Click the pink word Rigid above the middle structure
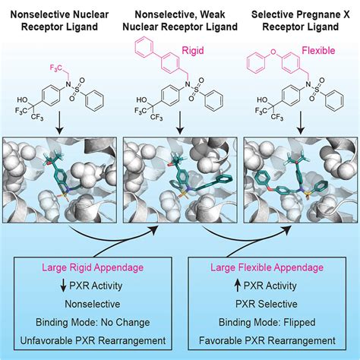193,51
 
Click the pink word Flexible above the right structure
318,51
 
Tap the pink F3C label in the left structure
55,68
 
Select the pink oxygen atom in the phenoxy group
273,52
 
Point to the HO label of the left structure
23,100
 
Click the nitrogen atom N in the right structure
308,84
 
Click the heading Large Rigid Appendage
93,267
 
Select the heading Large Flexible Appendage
267,267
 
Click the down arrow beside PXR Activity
64,286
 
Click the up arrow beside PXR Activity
238,286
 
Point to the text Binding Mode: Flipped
267,322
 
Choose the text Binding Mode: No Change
93,322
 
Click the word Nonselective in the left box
93,304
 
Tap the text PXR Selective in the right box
267,304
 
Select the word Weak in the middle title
212,14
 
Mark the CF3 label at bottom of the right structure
277,117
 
